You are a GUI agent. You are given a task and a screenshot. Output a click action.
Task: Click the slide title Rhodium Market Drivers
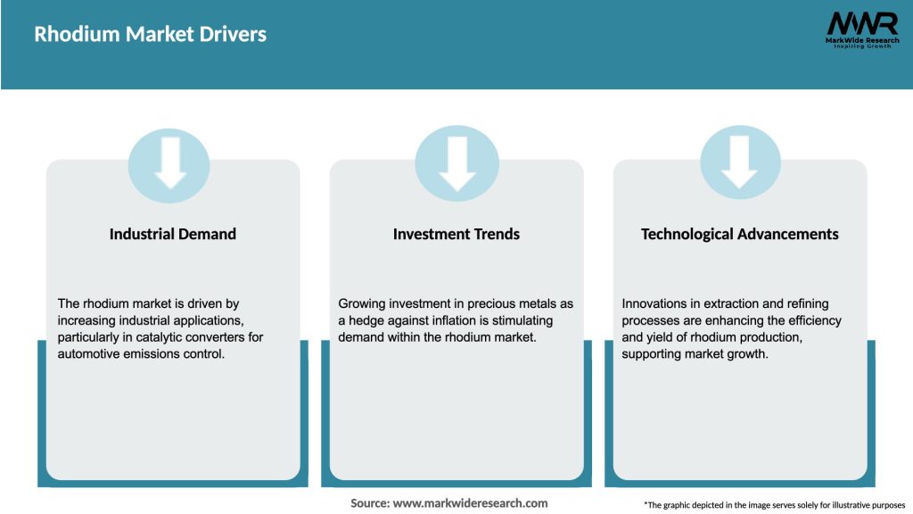[x=150, y=35]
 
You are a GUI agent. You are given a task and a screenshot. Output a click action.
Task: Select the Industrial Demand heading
[x=173, y=234]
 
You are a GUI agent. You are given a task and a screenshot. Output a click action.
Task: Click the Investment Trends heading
[x=456, y=234]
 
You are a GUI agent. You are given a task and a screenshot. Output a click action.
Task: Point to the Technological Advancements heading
[x=740, y=234]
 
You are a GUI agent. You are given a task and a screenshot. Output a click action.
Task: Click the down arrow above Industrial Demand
[x=169, y=163]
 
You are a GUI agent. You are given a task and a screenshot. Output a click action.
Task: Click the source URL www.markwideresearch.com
[x=470, y=503]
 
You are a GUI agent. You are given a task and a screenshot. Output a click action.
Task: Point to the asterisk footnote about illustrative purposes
[x=774, y=505]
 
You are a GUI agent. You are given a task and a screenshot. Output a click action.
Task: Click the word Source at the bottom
[x=369, y=503]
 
